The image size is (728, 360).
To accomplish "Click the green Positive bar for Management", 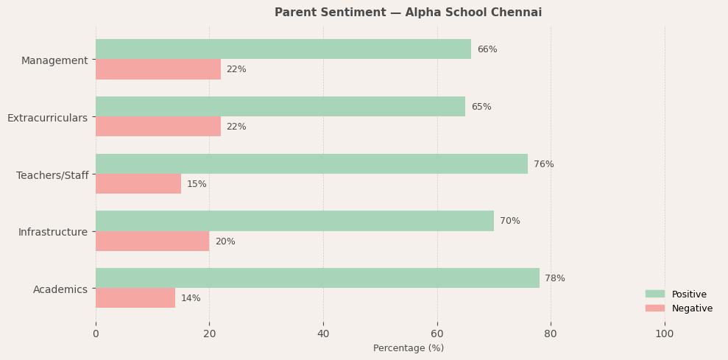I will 283,49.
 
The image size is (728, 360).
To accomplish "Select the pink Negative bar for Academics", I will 135,298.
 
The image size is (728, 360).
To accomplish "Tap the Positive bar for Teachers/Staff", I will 311,164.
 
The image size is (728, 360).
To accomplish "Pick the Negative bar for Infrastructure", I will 152,241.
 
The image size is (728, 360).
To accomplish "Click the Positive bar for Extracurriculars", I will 280,107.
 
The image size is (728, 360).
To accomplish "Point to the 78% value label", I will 555,278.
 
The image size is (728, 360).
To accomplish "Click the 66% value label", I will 487,49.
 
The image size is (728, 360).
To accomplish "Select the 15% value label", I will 197,184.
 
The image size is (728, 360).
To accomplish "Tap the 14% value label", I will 191,298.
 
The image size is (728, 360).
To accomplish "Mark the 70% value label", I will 510,221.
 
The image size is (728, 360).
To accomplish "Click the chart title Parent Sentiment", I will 408,13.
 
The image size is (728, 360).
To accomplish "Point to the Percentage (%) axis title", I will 409,348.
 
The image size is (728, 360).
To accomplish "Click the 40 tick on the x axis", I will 323,334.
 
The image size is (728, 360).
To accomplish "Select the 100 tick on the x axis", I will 665,334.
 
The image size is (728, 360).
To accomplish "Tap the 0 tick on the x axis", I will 96,334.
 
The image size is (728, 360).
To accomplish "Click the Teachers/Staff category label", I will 52,175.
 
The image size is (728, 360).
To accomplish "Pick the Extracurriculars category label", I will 47,118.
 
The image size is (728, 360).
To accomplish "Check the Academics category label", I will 60,289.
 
